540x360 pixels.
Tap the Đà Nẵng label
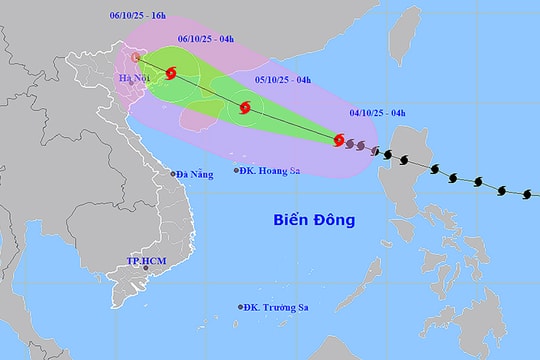tap(196, 174)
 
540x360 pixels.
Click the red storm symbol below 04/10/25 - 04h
tap(339, 140)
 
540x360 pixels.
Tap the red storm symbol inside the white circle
tap(245, 108)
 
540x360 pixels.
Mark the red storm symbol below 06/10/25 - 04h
tap(172, 73)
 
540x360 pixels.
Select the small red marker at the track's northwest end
tap(134, 58)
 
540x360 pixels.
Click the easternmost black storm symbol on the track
tap(526, 192)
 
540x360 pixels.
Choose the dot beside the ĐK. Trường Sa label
tap(241, 307)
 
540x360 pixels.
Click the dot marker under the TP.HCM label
tap(147, 267)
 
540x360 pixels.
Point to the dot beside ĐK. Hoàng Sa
tap(237, 170)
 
